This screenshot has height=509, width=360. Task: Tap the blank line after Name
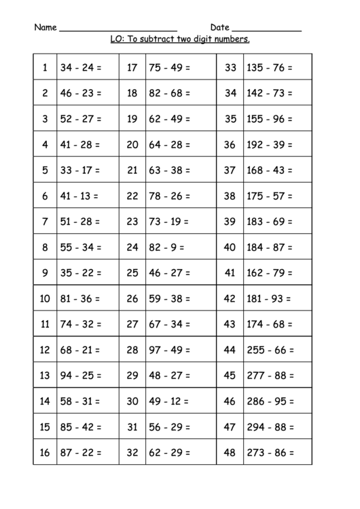pos(118,31)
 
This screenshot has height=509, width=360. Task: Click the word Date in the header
pos(219,28)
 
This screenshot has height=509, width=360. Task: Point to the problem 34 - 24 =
pos(81,67)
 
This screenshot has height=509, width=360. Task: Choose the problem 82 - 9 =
pos(166,247)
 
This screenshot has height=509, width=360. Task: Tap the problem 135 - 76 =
pos(270,67)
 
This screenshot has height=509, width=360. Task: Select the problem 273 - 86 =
pos(270,452)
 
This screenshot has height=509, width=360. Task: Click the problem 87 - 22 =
pos(81,452)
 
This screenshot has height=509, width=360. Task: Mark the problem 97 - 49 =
pos(170,350)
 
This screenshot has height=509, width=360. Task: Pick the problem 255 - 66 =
pos(270,350)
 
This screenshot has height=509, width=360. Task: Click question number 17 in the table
pos(132,67)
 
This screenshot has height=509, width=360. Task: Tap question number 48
pos(230,452)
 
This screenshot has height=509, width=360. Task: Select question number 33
pos(230,67)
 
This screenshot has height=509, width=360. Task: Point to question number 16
pos(45,452)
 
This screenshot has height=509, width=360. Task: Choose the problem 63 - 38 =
pos(170,170)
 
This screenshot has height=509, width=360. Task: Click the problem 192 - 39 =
pos(270,144)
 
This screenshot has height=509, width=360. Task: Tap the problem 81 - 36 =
pos(81,298)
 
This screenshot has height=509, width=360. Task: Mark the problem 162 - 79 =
pos(270,273)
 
